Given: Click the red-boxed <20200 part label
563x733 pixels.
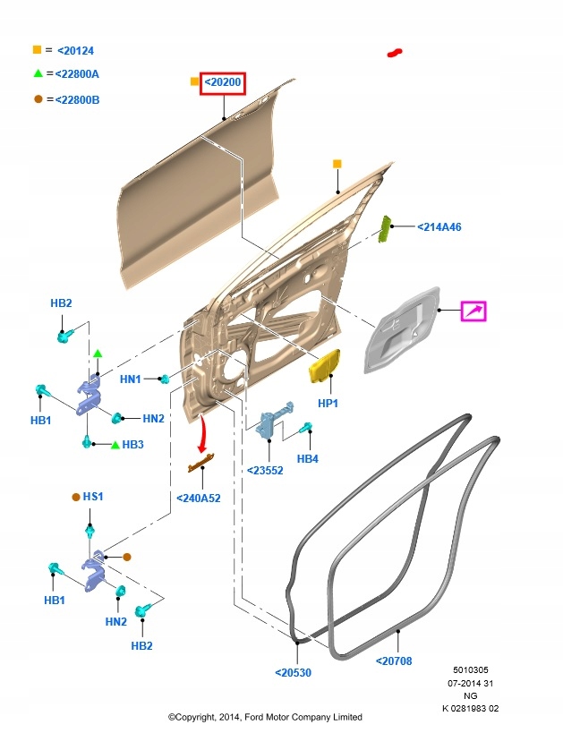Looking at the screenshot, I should click(223, 83).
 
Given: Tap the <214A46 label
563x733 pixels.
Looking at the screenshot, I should click(439, 227).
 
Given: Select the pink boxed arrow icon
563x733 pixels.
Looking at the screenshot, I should click(473, 311).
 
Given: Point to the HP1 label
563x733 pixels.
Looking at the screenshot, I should click(328, 404).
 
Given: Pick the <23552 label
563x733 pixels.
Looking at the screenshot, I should click(265, 469).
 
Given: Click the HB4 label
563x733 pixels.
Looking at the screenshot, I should click(307, 459).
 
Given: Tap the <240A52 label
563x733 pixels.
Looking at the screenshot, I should click(198, 499).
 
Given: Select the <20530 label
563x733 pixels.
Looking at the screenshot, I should click(293, 672).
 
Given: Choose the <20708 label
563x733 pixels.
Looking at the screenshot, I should click(394, 661).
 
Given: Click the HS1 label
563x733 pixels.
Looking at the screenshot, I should click(93, 496).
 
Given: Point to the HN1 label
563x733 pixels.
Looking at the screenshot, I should click(131, 379).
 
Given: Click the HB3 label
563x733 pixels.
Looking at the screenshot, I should click(132, 444).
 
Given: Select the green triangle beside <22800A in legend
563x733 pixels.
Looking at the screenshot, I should click(38, 74).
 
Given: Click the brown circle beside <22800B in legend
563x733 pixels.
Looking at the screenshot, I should click(38, 98).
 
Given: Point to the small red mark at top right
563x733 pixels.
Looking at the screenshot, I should click(394, 53).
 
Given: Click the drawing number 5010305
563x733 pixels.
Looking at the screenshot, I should click(471, 669).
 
